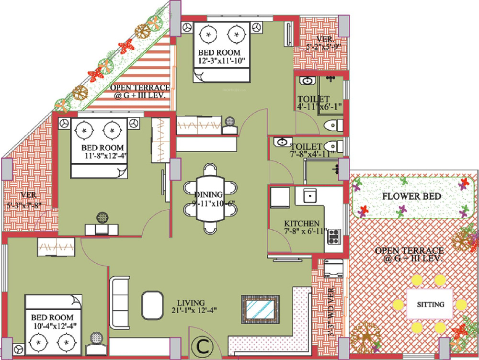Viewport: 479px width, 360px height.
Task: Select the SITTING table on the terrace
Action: [x=430, y=304]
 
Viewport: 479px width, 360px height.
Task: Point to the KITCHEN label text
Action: [x=302, y=224]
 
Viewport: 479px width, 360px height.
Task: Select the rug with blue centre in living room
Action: [x=260, y=309]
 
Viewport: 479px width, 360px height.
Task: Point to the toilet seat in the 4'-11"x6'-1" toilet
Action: [x=332, y=125]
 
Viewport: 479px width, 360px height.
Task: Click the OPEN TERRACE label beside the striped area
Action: [x=140, y=91]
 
